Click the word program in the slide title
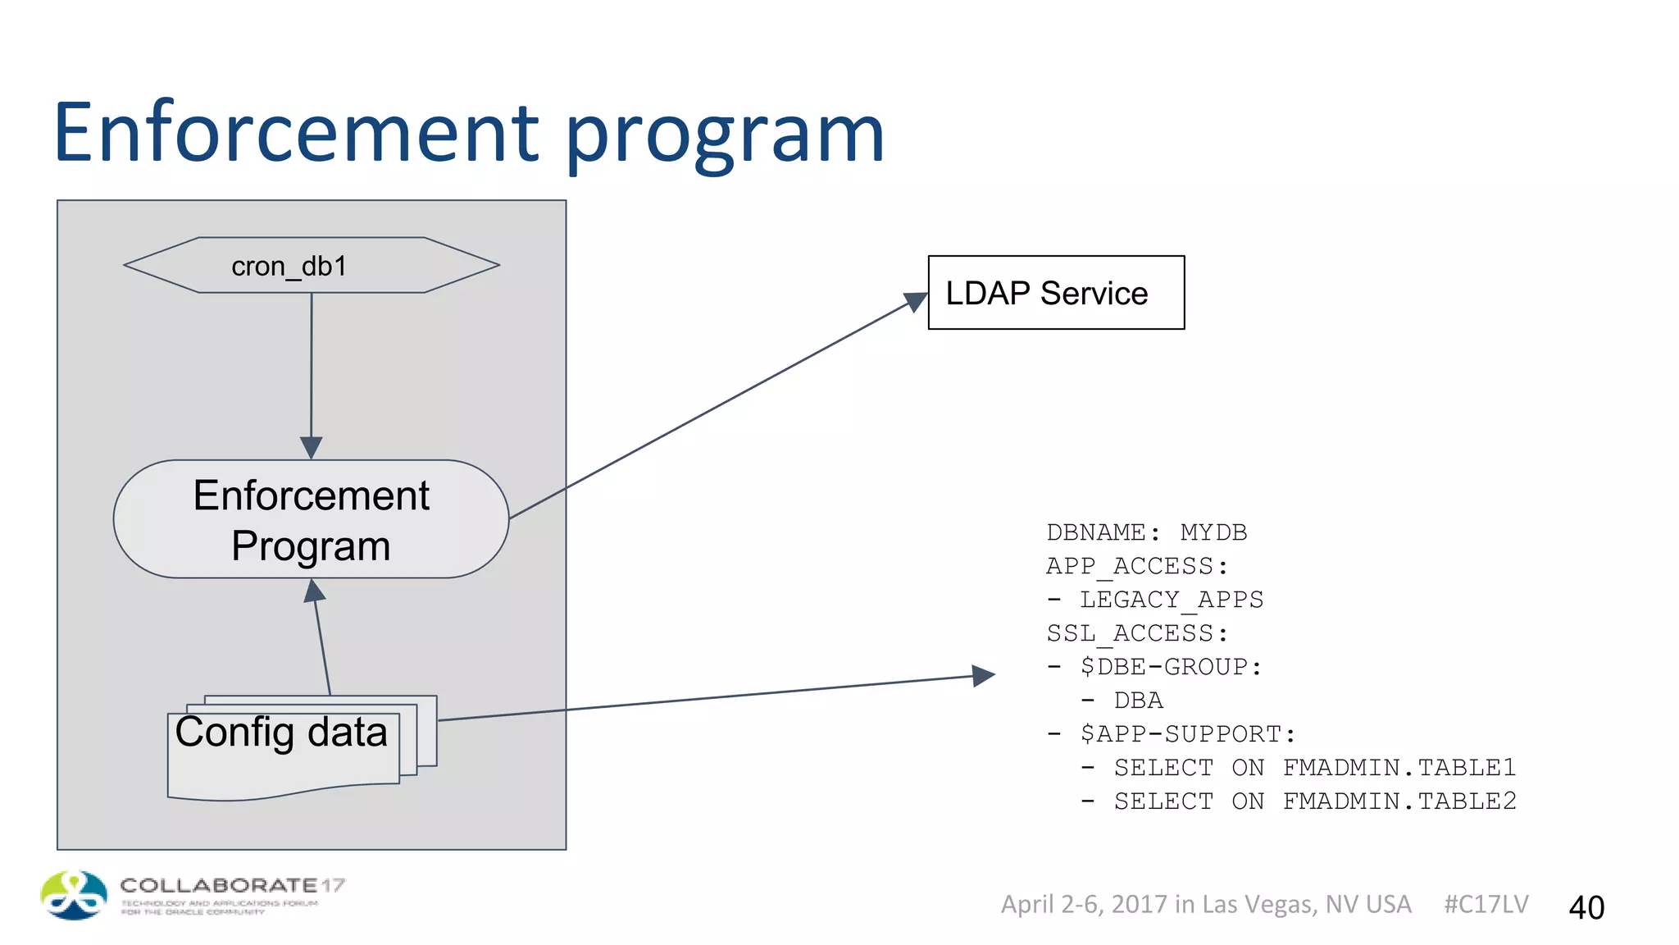[725, 137]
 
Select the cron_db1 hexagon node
[312, 266]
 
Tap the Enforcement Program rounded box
[312, 520]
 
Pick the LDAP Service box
[1056, 293]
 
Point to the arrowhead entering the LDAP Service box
[916, 302]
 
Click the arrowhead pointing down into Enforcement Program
[312, 447]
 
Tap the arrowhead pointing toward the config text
[983, 676]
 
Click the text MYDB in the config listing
[1213, 532]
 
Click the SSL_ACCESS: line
[1137, 633]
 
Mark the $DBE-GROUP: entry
[1171, 667]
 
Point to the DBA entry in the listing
[1138, 701]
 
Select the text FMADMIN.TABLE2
[1399, 801]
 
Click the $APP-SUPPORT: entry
[1187, 734]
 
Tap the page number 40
[1586, 907]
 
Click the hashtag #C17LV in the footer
[1486, 904]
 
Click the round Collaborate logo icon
[74, 895]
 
